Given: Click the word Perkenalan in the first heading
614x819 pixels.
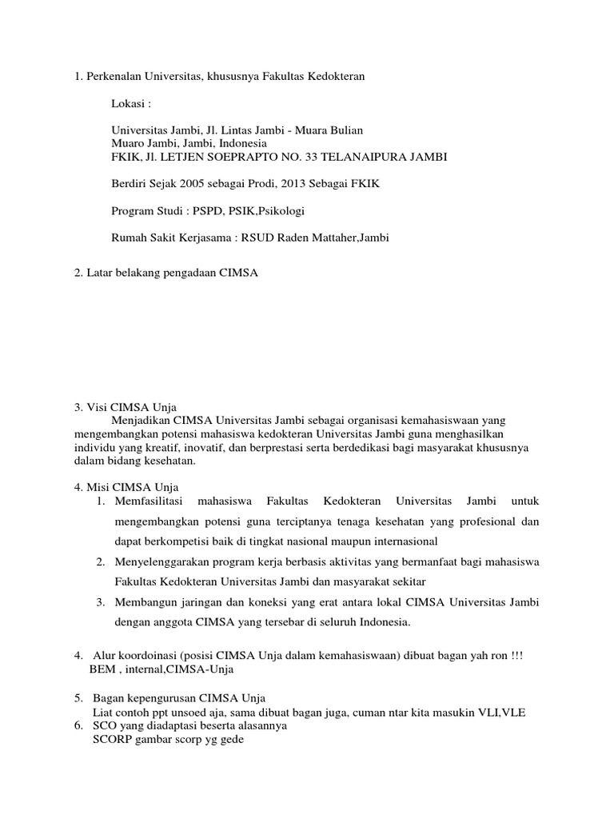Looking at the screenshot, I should pos(113,76).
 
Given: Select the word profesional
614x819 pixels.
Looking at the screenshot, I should pos(483,521).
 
